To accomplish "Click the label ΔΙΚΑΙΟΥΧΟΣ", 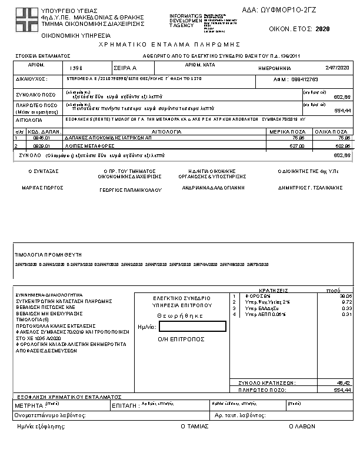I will pos(32,79).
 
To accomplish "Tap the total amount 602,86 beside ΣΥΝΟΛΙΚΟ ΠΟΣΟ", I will pos(342,97).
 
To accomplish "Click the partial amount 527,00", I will pos(297,145).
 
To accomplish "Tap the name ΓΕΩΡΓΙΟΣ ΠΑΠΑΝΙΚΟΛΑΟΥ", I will pos(130,190).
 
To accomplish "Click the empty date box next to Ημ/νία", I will pos(192,326).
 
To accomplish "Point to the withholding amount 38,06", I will pos(345,296).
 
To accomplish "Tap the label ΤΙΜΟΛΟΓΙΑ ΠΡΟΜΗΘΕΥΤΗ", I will pos(48,255).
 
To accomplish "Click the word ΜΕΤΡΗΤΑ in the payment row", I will pos(28,405).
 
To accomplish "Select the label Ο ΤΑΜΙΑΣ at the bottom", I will pos(195,426).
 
